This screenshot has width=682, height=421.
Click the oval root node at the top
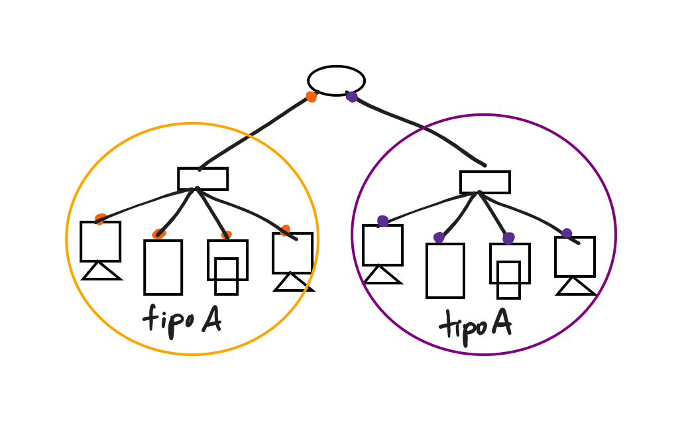click(x=336, y=80)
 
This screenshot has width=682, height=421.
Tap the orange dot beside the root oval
click(x=311, y=97)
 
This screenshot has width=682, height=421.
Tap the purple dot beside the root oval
click(x=352, y=97)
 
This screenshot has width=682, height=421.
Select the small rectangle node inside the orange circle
click(x=203, y=178)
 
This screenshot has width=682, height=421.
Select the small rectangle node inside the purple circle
click(x=484, y=182)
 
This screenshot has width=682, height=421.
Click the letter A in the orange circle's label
click(x=211, y=320)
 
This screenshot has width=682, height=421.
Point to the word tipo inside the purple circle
click(x=463, y=325)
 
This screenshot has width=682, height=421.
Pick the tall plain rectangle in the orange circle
click(x=163, y=267)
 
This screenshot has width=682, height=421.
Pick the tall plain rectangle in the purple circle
click(x=445, y=271)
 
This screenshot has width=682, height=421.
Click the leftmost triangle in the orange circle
click(x=101, y=271)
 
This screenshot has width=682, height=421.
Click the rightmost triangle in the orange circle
click(x=293, y=282)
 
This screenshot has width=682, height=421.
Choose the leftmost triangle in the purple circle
click(x=382, y=275)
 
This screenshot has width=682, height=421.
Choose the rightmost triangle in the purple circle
click(x=575, y=286)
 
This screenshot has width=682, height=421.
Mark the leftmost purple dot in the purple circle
click(x=382, y=221)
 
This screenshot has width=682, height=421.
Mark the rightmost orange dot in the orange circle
click(x=285, y=230)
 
